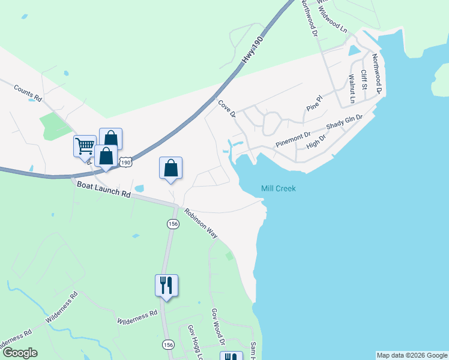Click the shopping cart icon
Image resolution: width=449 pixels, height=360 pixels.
[85, 145]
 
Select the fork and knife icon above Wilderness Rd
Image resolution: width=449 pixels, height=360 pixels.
[166, 284]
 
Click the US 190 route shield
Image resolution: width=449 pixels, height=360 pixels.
[125, 163]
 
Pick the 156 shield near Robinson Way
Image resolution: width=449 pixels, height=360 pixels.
[172, 223]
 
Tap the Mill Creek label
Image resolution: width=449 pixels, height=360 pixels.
[279, 188]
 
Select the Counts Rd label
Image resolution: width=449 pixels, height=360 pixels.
[28, 92]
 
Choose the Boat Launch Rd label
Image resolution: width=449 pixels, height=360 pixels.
[103, 190]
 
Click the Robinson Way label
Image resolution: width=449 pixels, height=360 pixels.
[201, 223]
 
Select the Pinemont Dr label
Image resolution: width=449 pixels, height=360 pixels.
[292, 140]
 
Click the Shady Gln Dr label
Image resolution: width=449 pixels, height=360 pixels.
[345, 122]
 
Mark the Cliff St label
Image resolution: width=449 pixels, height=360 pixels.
[364, 80]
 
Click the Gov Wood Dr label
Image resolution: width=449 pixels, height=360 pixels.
[217, 327]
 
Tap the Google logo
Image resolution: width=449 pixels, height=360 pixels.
[19, 353]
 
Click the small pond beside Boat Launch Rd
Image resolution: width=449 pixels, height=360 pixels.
[139, 188]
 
